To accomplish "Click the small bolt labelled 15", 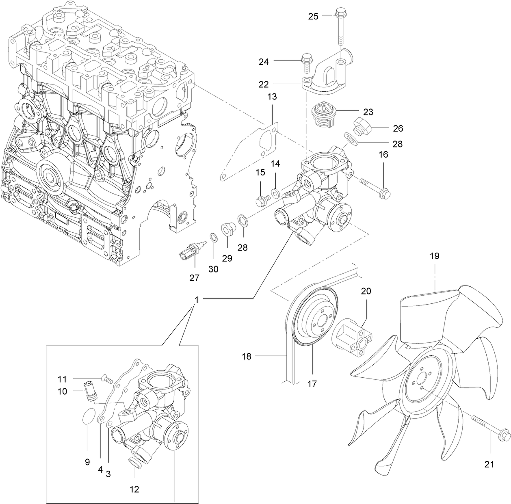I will click(262, 199).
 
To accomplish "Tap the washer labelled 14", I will click(275, 191).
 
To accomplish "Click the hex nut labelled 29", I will click(227, 230).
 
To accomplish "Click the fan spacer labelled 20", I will click(351, 337).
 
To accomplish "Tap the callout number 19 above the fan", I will click(434, 256).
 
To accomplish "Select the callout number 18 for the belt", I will click(247, 357).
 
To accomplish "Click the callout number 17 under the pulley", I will click(312, 383).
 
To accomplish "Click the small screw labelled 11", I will click(107, 379).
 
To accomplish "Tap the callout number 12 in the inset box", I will click(134, 489).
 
